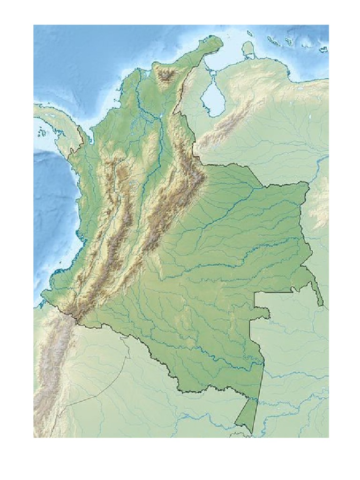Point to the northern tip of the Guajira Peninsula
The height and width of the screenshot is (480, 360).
tap(217, 38)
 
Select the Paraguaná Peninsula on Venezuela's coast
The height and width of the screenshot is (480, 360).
tap(249, 49)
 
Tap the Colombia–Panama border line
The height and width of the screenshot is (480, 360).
tap(75, 145)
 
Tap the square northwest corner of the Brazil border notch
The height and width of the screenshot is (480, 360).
tap(254, 292)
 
